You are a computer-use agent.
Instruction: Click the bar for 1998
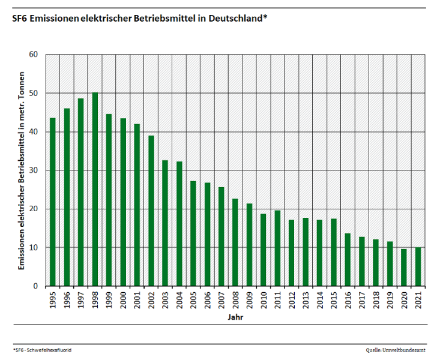click(x=95, y=189)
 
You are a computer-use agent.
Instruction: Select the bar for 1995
click(x=53, y=202)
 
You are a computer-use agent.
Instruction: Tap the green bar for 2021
click(x=418, y=266)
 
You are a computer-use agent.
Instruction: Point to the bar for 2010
click(x=263, y=250)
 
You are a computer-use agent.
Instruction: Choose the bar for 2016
click(x=348, y=260)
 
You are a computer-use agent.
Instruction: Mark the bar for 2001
click(x=137, y=205)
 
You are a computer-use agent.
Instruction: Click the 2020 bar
click(x=403, y=267)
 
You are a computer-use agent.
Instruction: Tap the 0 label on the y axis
click(x=36, y=286)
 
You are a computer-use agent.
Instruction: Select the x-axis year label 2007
click(x=222, y=300)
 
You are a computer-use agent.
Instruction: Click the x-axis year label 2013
click(x=306, y=300)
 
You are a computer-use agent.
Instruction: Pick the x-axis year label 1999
click(x=109, y=300)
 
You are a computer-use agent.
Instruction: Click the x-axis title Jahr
click(x=235, y=316)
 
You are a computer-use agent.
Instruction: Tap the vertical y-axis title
click(x=22, y=170)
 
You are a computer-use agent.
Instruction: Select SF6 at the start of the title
click(x=19, y=19)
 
